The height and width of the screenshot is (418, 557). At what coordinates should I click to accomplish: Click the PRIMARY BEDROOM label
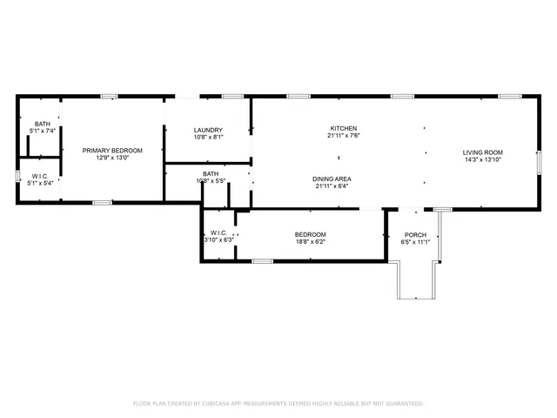tap(112, 151)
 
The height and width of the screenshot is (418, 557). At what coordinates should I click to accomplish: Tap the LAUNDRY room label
tap(208, 130)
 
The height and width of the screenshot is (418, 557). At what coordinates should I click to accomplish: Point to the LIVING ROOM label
tap(482, 152)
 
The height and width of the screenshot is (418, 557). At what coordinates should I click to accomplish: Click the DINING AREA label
tap(332, 179)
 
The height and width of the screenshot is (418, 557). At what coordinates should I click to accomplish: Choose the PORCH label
tap(415, 234)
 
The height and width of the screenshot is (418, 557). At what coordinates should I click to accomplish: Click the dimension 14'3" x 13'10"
tap(482, 159)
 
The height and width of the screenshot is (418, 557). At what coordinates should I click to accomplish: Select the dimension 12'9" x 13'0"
tap(112, 158)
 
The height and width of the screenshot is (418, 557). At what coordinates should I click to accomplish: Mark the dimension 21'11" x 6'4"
tap(332, 185)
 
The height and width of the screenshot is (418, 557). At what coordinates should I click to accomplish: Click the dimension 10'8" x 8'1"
tap(208, 137)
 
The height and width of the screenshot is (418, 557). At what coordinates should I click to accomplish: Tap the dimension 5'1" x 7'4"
tap(43, 131)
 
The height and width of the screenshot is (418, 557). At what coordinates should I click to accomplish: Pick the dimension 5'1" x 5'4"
tap(41, 183)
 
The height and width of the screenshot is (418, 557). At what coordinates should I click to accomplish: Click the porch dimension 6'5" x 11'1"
tap(415, 241)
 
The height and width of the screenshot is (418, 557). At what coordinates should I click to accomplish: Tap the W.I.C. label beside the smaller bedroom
tap(218, 233)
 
